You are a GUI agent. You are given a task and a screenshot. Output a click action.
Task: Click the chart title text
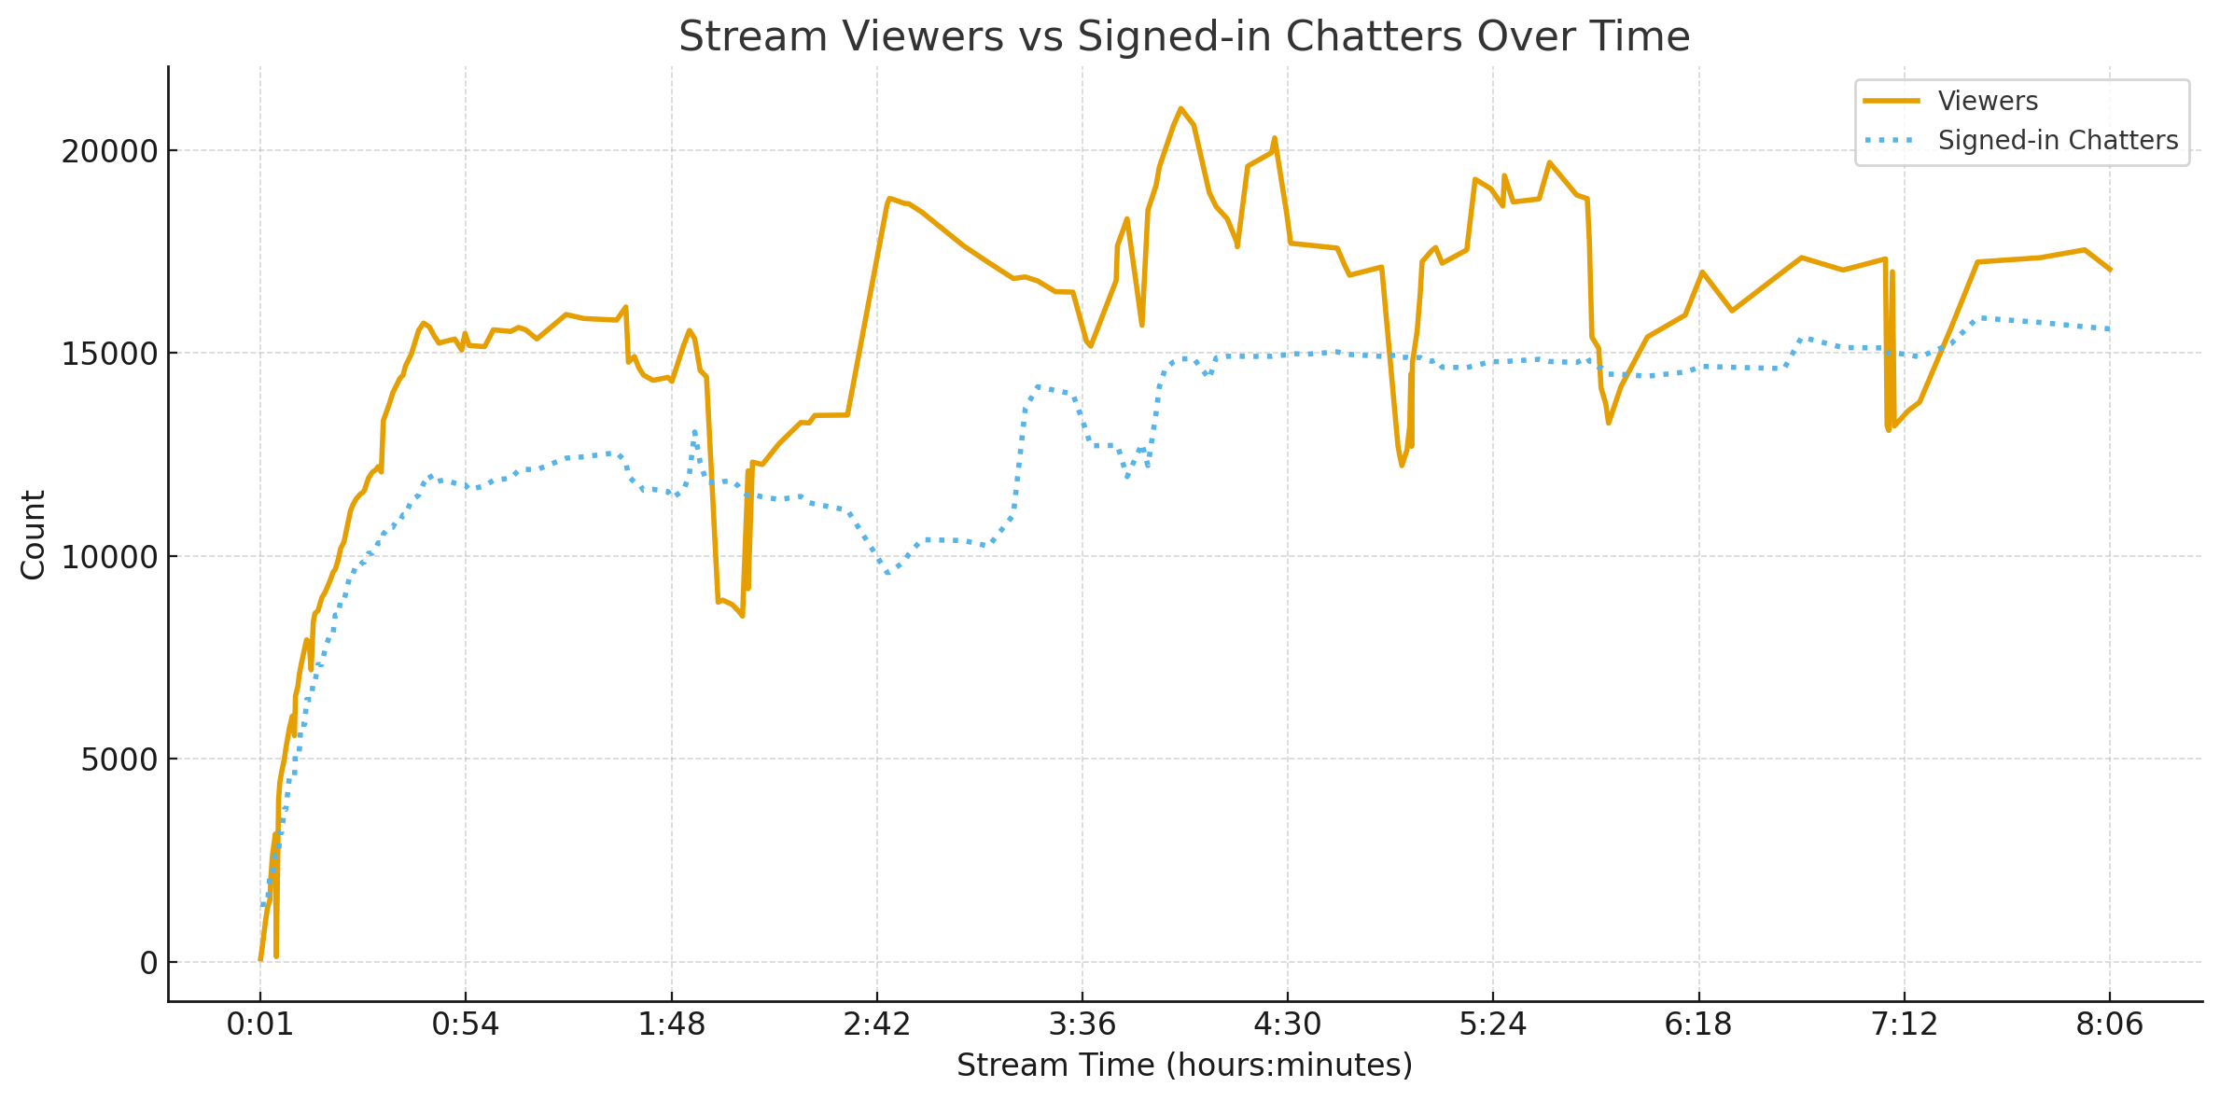(x=1183, y=37)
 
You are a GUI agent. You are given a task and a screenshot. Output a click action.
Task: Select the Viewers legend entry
(x=1987, y=101)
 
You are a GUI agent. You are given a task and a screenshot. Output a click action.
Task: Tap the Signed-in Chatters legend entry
(x=2057, y=141)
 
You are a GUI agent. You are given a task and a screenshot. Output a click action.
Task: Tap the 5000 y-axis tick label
(x=118, y=760)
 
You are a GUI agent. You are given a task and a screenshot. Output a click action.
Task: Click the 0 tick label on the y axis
(x=148, y=963)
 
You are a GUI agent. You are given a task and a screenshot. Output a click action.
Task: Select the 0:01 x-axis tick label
(x=260, y=1024)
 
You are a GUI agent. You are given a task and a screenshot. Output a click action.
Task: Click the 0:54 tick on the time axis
(x=466, y=1024)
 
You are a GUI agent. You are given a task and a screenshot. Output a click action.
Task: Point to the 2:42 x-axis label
(x=876, y=1024)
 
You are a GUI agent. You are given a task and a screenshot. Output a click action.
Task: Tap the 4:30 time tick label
(x=1288, y=1024)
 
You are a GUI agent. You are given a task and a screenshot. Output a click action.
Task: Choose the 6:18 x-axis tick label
(x=1698, y=1024)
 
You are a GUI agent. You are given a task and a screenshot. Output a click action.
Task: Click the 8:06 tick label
(x=2109, y=1024)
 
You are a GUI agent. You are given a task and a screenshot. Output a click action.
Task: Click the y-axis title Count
(x=34, y=535)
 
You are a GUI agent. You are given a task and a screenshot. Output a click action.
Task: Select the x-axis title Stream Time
(x=1183, y=1066)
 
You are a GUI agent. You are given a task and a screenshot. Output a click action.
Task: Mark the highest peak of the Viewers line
(x=1180, y=108)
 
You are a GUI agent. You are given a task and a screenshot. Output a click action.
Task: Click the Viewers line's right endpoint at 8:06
(x=2110, y=270)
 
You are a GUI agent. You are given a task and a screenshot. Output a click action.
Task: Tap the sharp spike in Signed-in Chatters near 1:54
(x=694, y=430)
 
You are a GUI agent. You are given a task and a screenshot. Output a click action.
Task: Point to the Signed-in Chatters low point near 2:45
(x=888, y=574)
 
